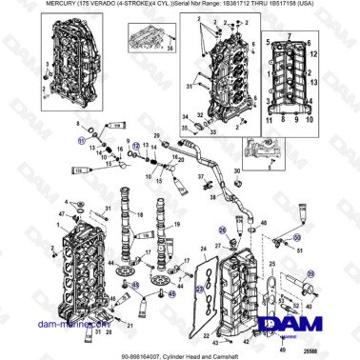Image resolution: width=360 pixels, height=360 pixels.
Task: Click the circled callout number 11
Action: [81, 139]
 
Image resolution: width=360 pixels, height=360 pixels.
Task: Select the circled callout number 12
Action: [136, 146]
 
